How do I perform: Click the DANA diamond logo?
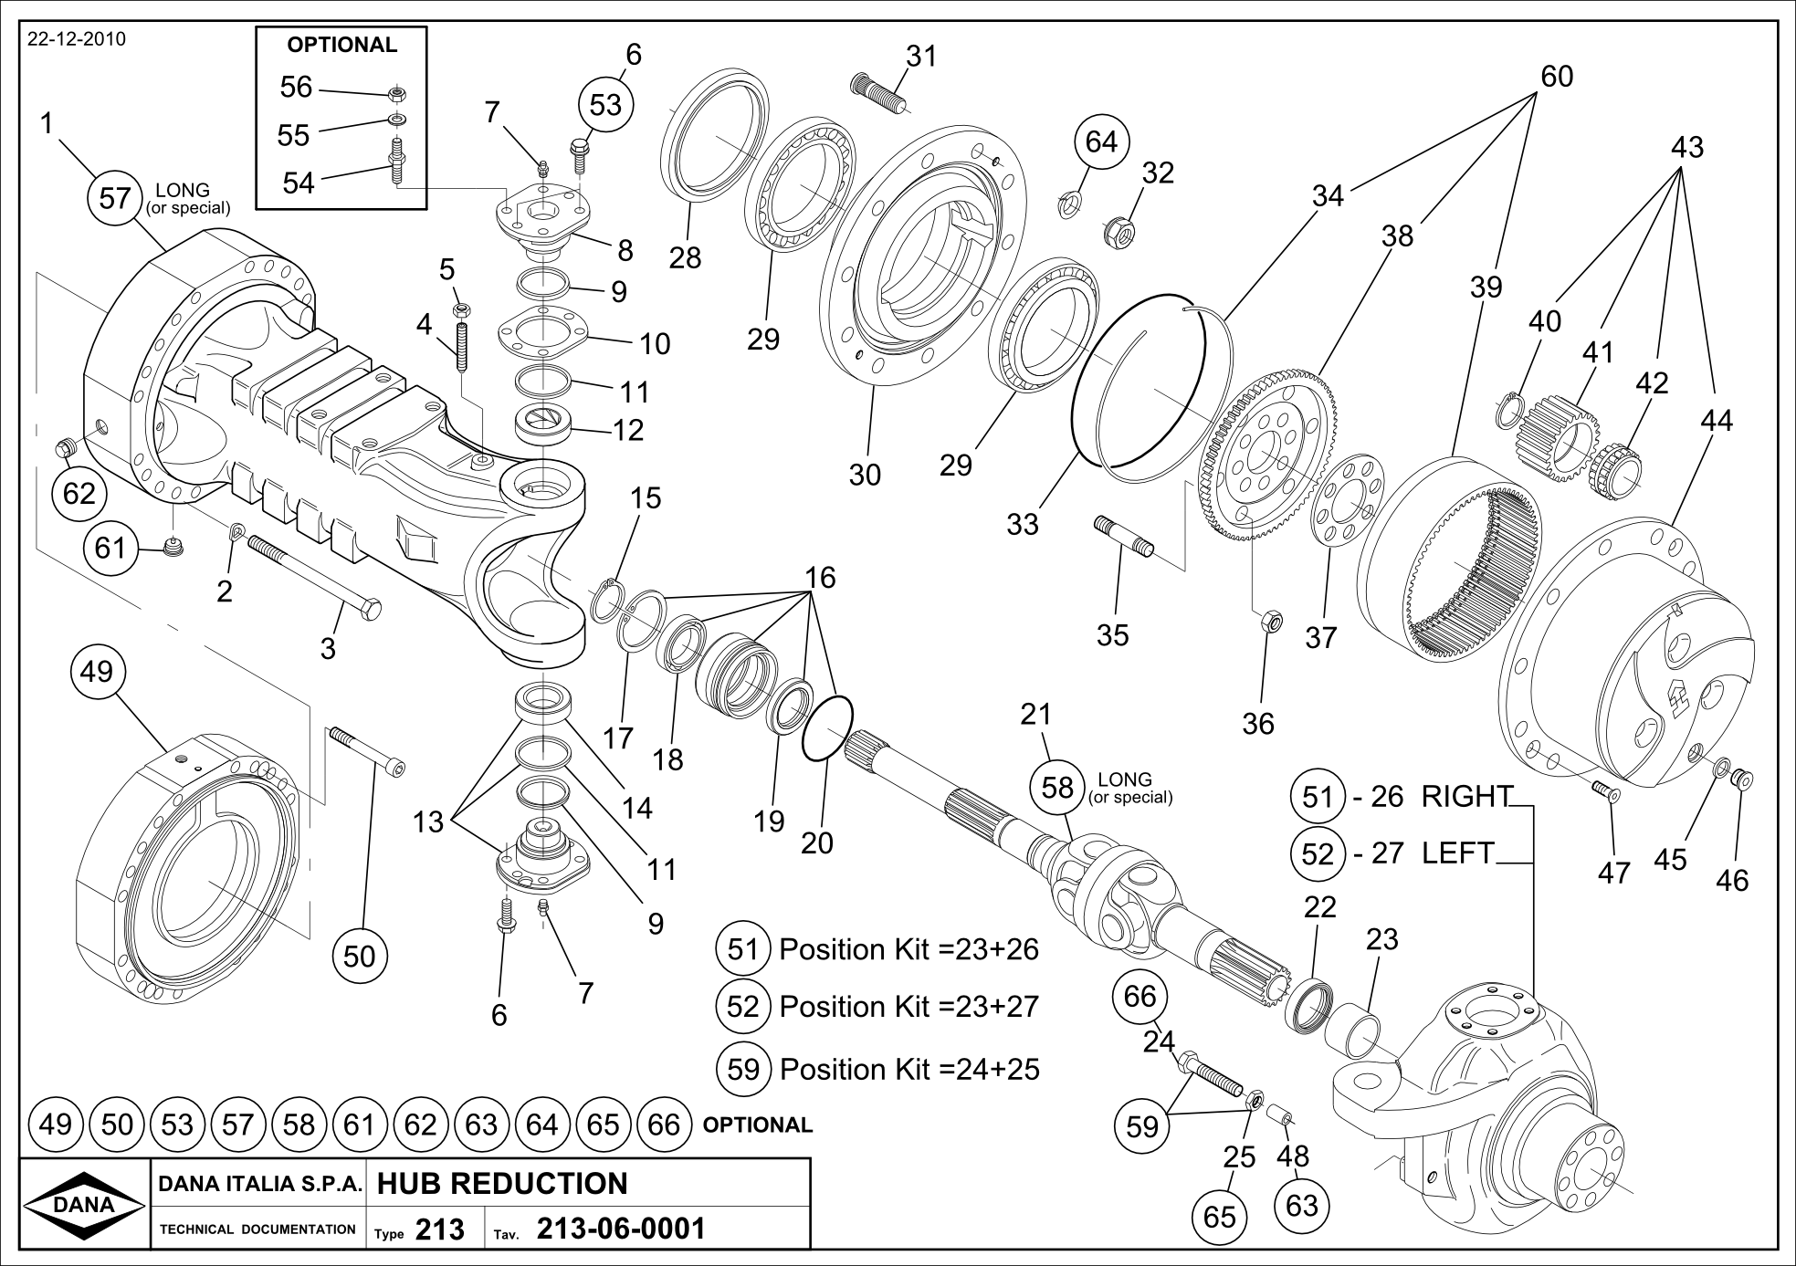[84, 1204]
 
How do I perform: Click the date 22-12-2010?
[77, 39]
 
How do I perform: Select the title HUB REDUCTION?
[501, 1184]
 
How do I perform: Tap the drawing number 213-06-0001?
[621, 1229]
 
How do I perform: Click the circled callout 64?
[1101, 141]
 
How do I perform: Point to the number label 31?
[921, 56]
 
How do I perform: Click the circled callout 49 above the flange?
[97, 671]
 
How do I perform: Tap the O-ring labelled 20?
[827, 727]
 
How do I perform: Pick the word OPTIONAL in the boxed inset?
[341, 45]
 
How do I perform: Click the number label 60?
[1557, 76]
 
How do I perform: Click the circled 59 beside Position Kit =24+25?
[743, 1068]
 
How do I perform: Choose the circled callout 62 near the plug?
[79, 493]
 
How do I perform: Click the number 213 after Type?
[439, 1230]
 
